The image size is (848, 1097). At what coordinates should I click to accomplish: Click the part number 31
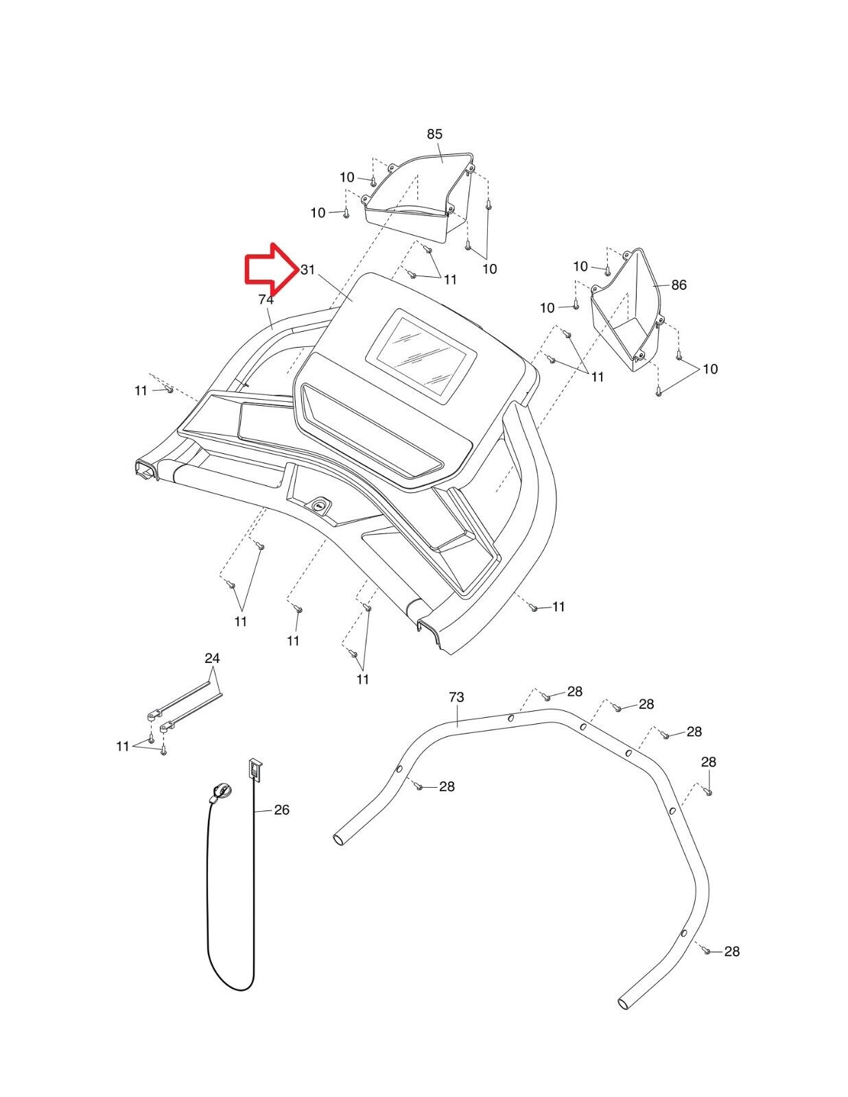[307, 269]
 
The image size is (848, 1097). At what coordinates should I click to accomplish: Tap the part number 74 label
[266, 300]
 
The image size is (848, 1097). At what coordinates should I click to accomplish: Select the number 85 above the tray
[434, 134]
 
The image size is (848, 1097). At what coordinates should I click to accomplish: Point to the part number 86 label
[679, 285]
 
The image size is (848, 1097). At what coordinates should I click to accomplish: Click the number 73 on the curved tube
[456, 697]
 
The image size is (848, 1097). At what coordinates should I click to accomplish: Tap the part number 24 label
[212, 658]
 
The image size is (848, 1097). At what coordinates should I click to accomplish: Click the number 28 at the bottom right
[732, 951]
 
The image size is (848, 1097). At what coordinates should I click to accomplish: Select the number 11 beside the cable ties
[123, 746]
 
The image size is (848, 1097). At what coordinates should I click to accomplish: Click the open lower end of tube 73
[624, 1002]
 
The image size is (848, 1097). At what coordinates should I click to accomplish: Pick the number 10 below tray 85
[489, 269]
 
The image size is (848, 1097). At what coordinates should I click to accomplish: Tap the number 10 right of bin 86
[709, 369]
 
